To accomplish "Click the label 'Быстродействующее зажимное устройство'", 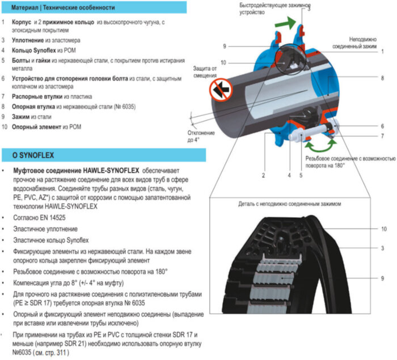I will [x=268, y=9].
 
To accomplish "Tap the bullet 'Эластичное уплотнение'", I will [x=45, y=228].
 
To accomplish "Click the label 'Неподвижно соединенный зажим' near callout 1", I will [x=368, y=43].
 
